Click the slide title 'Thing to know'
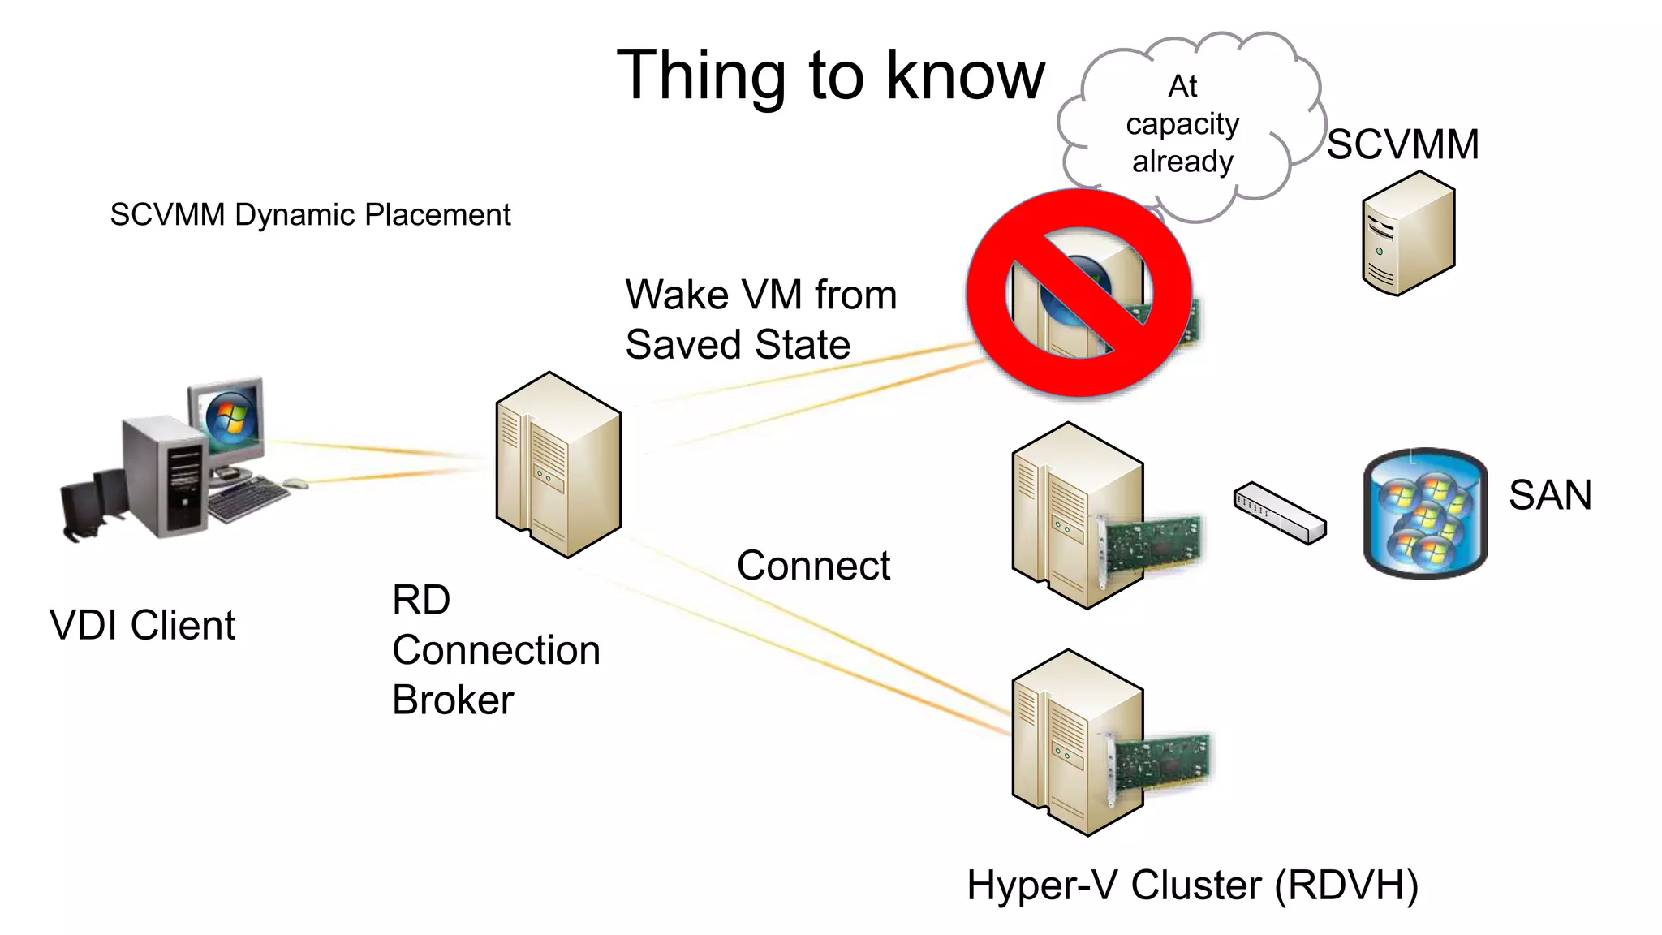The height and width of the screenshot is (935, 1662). point(831,75)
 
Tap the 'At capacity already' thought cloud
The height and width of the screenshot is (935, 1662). point(1182,124)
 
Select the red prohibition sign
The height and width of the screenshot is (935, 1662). point(1079,294)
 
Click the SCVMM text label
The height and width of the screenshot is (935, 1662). point(1403,144)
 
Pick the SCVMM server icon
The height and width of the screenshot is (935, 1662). point(1408,234)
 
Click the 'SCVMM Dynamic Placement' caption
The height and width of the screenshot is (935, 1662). point(310,215)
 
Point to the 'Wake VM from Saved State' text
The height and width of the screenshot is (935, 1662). point(760,319)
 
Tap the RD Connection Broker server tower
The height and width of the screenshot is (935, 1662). point(558,464)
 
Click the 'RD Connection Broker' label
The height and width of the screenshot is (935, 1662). point(495,650)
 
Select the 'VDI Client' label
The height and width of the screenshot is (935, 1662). point(142,625)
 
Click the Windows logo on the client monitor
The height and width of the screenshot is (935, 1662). point(230,418)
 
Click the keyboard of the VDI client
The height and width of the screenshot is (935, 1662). point(248,499)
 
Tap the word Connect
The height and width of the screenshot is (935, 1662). point(813,565)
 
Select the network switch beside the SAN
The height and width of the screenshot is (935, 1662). point(1280,513)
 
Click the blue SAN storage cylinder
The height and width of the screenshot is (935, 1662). point(1425,513)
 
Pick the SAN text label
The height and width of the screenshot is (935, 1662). point(1550,495)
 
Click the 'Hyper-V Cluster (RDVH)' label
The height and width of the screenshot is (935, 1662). point(1192,885)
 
